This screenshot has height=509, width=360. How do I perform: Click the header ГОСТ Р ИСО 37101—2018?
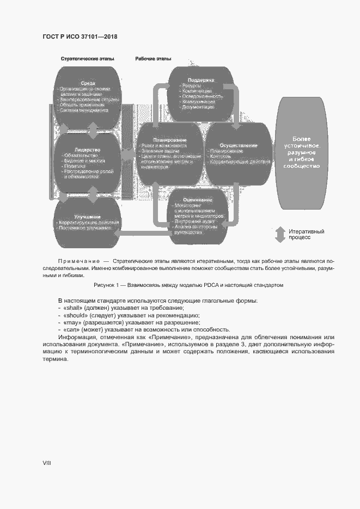click(x=80, y=36)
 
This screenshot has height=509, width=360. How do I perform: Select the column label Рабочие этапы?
click(x=153, y=58)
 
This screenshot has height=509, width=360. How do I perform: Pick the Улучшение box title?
click(x=86, y=217)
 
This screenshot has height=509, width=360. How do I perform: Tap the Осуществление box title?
click(x=238, y=145)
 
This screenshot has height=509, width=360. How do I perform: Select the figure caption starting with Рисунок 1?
click(x=188, y=285)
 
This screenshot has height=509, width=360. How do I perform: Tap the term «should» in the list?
click(x=76, y=316)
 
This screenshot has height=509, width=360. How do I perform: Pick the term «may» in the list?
click(x=72, y=323)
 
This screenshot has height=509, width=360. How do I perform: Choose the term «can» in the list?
click(x=72, y=330)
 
